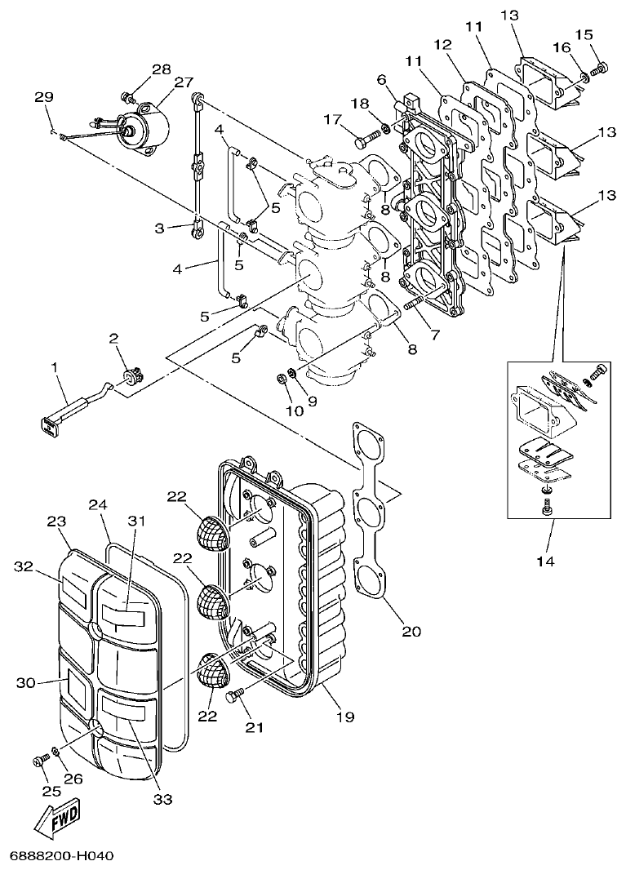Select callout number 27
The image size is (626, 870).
coord(183,82)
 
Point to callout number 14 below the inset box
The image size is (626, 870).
coord(545,561)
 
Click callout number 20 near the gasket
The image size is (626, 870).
coord(412,631)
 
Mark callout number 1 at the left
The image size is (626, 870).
coord(56,368)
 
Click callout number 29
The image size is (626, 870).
coord(44,97)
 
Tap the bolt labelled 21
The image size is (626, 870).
coord(236,695)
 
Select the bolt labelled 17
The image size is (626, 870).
coord(363,141)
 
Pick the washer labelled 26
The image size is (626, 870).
coord(55,751)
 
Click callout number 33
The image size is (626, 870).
coord(163,799)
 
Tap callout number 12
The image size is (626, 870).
coord(442,44)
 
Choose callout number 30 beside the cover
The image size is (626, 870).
coord(26,681)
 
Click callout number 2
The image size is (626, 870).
coord(113,338)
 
